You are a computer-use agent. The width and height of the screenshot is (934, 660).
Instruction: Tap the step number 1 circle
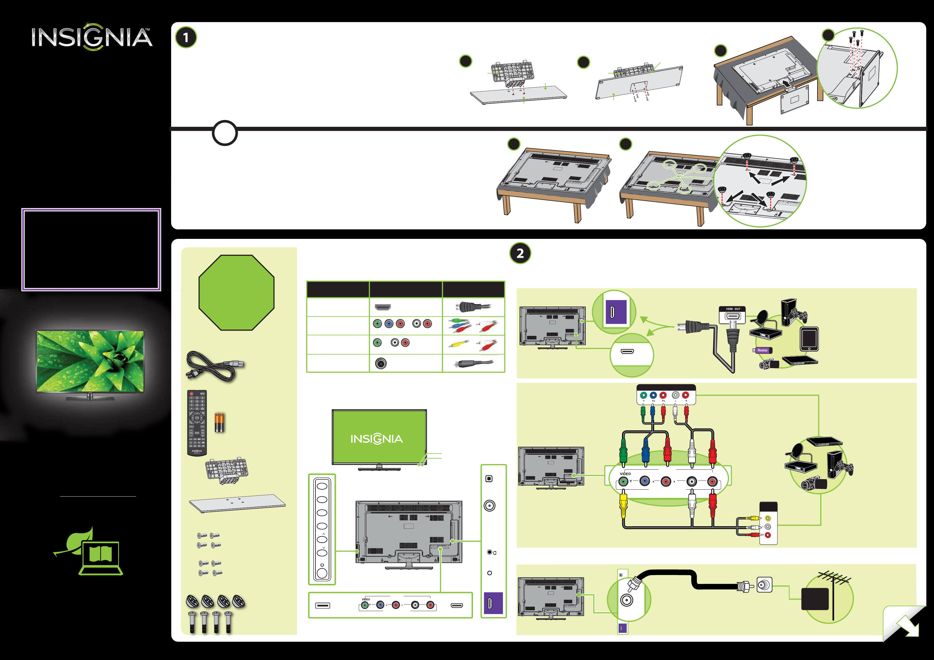pos(186,38)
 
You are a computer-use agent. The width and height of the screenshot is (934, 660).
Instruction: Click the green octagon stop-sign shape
pos(236,293)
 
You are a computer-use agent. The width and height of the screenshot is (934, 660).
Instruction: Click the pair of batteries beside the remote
pos(219,422)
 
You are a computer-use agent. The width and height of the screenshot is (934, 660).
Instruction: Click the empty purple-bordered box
pos(91,249)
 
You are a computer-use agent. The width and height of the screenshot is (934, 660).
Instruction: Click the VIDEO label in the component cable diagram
pos(625,474)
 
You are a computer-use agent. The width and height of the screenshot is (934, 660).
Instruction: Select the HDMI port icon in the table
pos(382,307)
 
